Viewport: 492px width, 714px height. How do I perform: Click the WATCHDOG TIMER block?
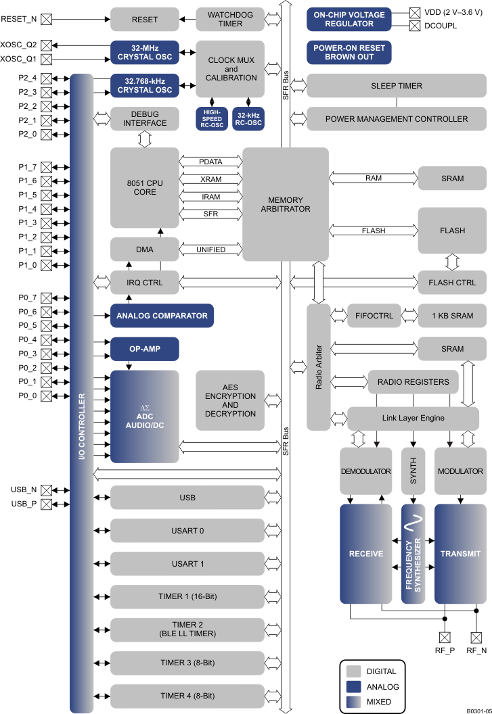tap(230, 19)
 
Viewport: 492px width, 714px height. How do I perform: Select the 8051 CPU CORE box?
tap(145, 187)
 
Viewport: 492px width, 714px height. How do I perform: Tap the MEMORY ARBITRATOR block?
tap(286, 204)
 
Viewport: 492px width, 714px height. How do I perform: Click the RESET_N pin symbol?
tap(47, 19)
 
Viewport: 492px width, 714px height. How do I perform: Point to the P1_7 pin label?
tap(27, 167)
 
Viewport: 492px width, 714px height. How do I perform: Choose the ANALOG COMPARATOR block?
tap(162, 316)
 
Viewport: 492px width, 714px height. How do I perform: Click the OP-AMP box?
tap(145, 349)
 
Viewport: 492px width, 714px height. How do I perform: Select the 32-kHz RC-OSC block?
tap(248, 119)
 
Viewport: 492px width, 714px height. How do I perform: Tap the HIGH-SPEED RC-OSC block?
tap(212, 119)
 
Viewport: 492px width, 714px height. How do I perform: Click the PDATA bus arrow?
tap(210, 162)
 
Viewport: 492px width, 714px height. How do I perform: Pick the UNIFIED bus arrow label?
tap(210, 249)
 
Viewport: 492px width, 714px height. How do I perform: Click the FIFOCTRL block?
tap(374, 316)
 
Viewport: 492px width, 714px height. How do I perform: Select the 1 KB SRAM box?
tap(452, 316)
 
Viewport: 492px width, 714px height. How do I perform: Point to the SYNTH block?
tap(413, 471)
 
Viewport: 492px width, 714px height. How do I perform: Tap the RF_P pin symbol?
tap(445, 637)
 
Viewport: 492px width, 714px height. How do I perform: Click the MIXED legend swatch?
tap(353, 702)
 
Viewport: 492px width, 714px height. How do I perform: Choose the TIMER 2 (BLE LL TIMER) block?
tap(187, 629)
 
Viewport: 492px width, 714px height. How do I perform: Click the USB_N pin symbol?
tap(47, 490)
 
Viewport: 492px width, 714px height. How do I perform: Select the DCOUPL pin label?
tap(441, 26)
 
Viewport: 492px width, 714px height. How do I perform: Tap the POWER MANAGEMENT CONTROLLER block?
tap(397, 119)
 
